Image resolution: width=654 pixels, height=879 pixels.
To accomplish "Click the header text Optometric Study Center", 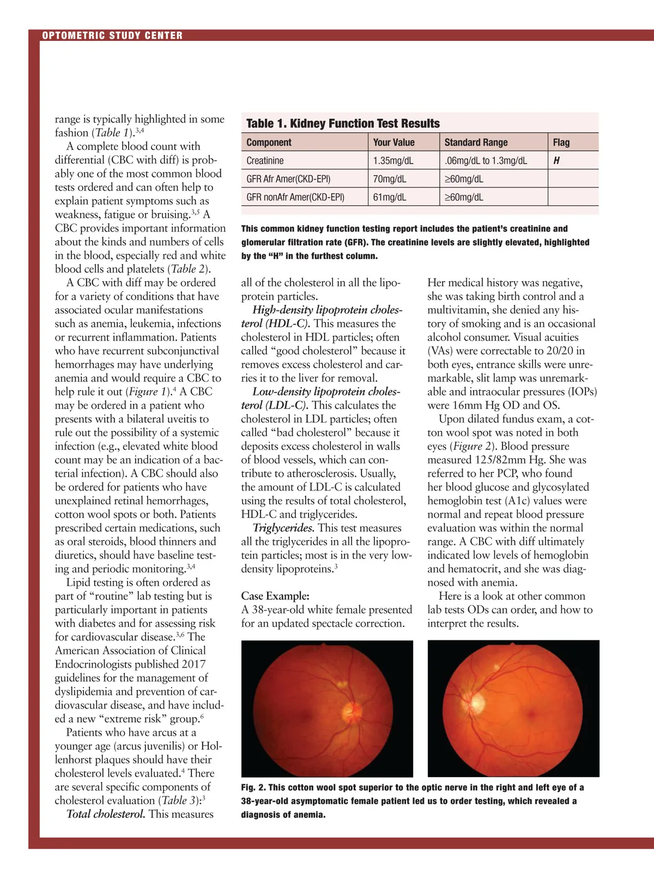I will click(112, 35).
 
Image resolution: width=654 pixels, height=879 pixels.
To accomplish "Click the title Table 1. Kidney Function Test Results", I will click(343, 123).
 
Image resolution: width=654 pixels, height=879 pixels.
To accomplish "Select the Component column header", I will click(269, 142).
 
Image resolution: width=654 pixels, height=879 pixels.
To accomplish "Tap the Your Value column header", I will click(393, 142).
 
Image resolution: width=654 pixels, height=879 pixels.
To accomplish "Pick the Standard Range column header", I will click(476, 142).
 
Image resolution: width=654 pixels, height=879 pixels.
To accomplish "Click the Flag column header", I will click(561, 142).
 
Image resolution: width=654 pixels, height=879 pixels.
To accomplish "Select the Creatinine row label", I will click(265, 161).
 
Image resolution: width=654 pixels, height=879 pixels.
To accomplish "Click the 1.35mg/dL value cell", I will click(393, 161).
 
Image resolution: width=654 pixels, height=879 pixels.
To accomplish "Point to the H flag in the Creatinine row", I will click(556, 161).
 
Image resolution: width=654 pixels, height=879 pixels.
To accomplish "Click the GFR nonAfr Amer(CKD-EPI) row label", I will click(295, 197).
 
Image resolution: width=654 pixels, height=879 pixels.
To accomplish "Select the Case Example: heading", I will click(275, 596).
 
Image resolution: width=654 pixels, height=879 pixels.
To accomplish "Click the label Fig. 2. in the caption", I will click(253, 787).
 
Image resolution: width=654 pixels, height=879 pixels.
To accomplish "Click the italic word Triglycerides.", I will click(283, 528).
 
